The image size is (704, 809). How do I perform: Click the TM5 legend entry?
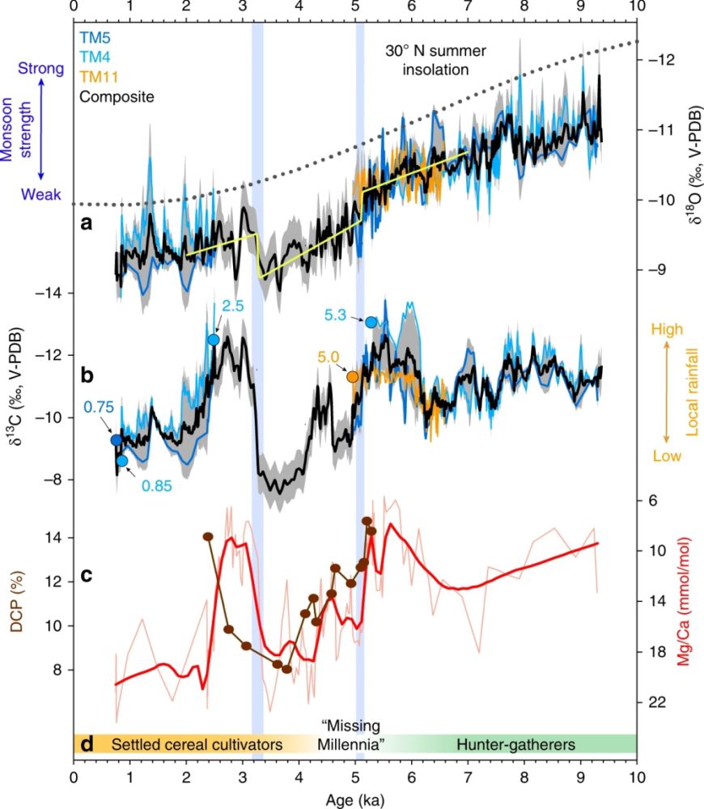tap(95, 37)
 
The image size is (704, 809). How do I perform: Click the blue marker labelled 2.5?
tap(214, 340)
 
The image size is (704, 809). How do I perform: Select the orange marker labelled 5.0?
tap(353, 376)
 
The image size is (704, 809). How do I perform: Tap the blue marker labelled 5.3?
tap(371, 322)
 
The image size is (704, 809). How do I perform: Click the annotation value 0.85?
tap(158, 486)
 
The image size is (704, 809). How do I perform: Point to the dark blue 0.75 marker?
tap(117, 440)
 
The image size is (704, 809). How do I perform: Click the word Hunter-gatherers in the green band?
tap(515, 744)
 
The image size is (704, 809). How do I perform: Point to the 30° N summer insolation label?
tap(426, 59)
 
